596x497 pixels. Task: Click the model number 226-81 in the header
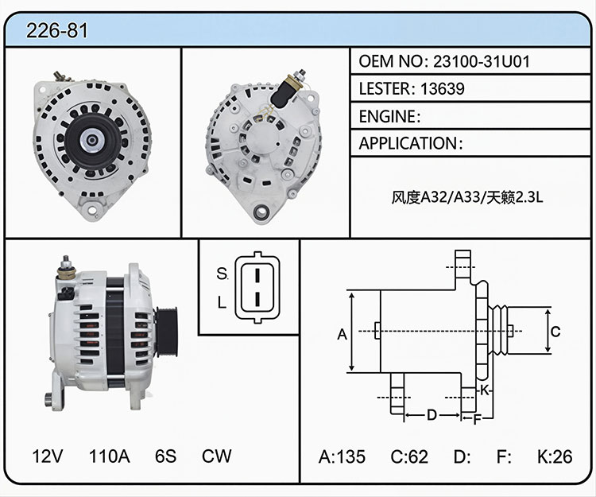[57, 30]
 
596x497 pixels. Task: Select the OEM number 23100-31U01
[482, 61]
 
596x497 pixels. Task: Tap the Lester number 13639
[443, 88]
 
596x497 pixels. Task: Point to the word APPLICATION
[408, 143]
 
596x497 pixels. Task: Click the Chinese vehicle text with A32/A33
[467, 197]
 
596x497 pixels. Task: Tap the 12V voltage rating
[48, 456]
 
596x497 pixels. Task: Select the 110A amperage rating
[110, 456]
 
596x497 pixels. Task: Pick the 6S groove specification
[166, 456]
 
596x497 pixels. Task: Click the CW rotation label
[217, 456]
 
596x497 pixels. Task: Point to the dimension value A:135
[342, 456]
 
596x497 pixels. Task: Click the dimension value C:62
[409, 456]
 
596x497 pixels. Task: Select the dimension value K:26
[555, 456]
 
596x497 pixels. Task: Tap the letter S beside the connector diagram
[222, 274]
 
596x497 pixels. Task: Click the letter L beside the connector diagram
[222, 302]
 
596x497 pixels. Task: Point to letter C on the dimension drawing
[555, 332]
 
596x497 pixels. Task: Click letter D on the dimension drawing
[432, 415]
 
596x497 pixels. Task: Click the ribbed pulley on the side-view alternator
[166, 332]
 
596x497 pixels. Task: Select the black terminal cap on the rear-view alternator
[283, 94]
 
